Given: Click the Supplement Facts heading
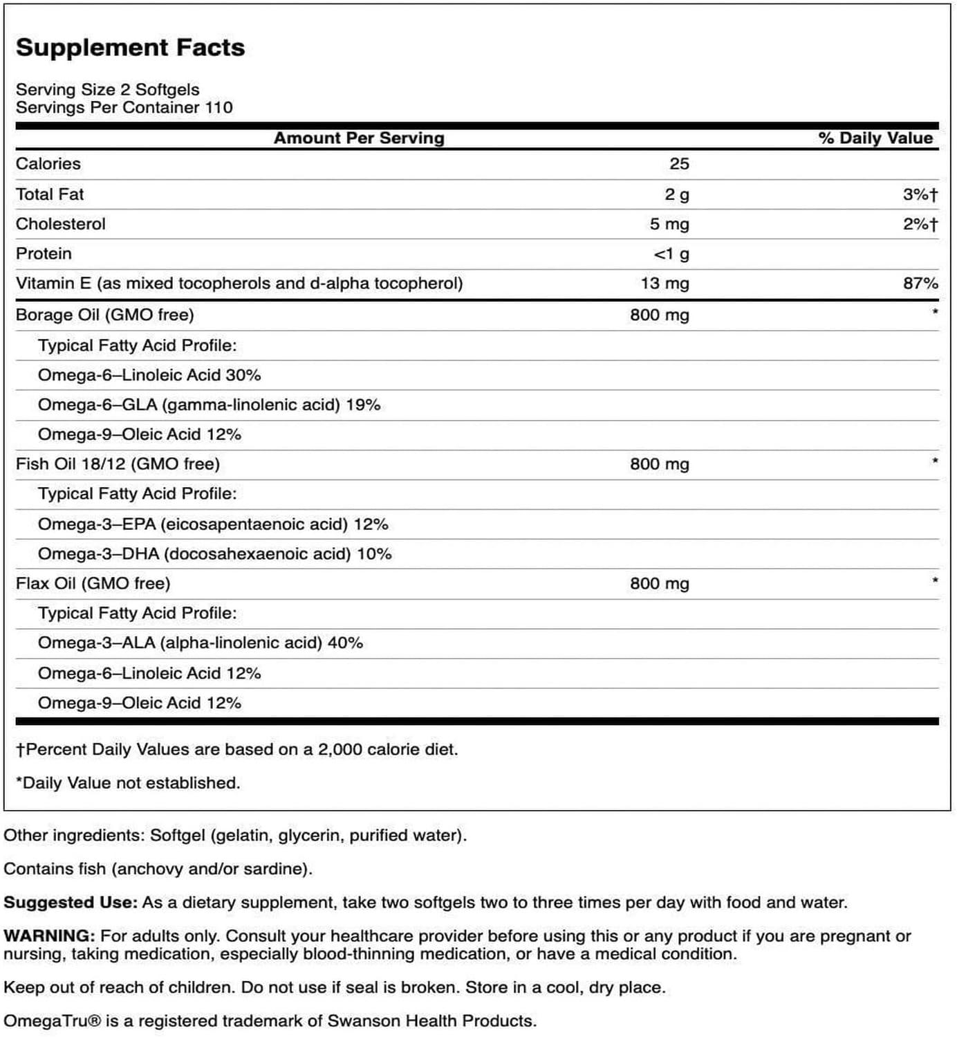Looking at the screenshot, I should tap(130, 47).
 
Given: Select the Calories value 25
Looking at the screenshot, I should tap(679, 164).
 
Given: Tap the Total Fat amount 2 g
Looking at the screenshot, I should tap(677, 194).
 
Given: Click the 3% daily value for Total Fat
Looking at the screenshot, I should tap(920, 194).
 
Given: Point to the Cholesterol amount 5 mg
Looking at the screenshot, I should tap(669, 224).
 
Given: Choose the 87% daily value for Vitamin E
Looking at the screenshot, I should tap(920, 284).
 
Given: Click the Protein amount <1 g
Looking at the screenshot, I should tap(671, 254).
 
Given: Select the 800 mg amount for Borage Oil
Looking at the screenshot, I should tap(659, 315).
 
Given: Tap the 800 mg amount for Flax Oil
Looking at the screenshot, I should tap(659, 584).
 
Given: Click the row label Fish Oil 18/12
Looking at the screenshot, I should tap(118, 464).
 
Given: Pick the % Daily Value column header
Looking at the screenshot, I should tap(875, 138).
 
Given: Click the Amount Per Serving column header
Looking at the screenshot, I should tap(359, 138).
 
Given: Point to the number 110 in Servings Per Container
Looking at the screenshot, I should tap(219, 107).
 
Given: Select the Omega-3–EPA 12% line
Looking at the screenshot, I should tap(213, 524).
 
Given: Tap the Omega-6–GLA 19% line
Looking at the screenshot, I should tap(209, 405).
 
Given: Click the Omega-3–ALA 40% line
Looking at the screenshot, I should tap(201, 643).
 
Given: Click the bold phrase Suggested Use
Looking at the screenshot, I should tap(70, 903).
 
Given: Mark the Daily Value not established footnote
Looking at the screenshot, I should tap(128, 783).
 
